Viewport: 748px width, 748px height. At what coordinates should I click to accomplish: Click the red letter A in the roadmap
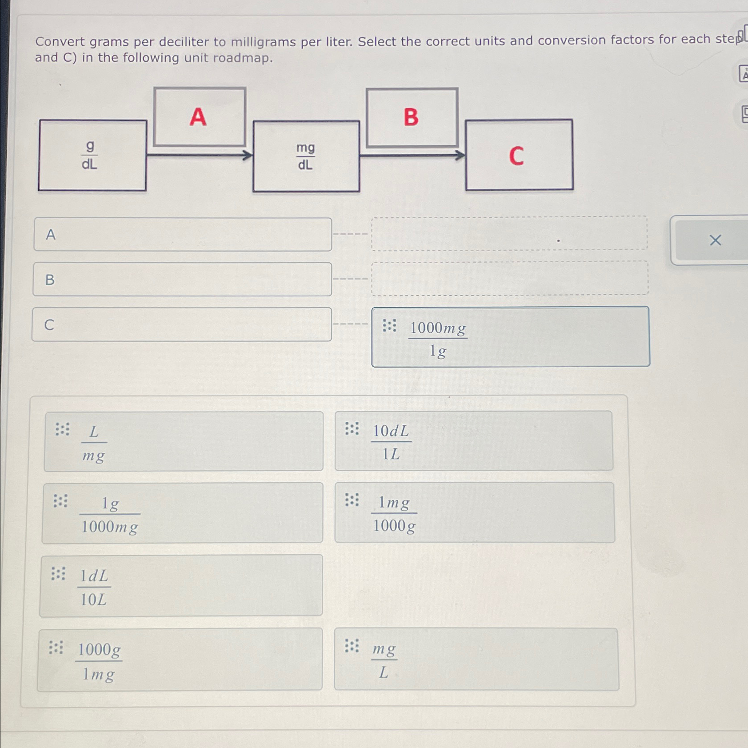point(198,117)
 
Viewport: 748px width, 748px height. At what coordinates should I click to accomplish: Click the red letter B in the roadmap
point(411,117)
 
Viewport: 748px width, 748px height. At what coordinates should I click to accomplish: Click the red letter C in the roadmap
point(516,156)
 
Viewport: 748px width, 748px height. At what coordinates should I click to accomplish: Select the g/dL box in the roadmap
point(92,155)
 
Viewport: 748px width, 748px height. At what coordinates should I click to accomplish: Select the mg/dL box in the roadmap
point(306,156)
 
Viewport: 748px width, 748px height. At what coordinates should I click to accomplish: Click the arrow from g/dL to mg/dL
point(200,155)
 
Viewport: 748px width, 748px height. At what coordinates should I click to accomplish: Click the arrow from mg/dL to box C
point(412,156)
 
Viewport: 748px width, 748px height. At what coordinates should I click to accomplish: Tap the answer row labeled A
point(183,234)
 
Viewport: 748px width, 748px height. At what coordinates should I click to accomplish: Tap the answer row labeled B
point(182,280)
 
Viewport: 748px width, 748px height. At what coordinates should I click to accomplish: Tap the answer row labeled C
point(182,324)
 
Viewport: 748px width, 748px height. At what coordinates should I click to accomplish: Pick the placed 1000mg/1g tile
point(511,337)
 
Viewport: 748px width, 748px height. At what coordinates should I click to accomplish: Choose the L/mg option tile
point(184,441)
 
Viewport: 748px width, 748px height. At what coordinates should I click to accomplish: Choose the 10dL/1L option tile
point(474,441)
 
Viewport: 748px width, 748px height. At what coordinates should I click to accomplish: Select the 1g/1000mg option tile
point(182,513)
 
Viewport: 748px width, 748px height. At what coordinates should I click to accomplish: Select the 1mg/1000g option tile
point(475,512)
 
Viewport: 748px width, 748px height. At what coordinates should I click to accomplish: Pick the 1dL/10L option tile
point(181,586)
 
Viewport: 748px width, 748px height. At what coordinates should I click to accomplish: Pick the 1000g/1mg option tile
point(180,660)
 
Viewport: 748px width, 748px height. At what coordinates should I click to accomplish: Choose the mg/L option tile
point(476,659)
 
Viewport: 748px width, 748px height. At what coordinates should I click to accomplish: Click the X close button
point(715,240)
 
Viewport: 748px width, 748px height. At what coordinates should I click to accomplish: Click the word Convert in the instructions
point(60,42)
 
